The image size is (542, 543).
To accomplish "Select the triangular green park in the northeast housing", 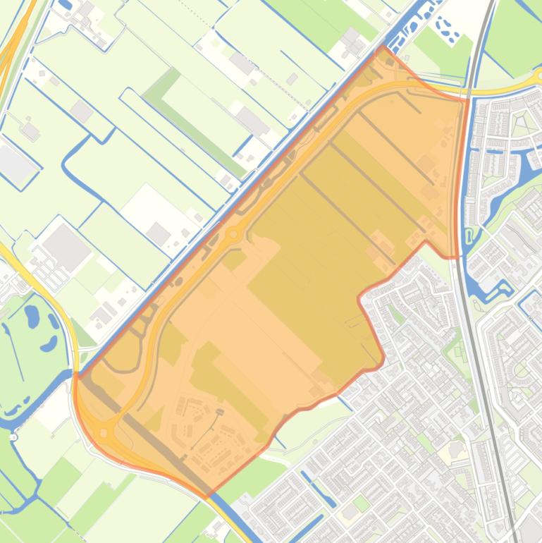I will coord(522,124).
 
